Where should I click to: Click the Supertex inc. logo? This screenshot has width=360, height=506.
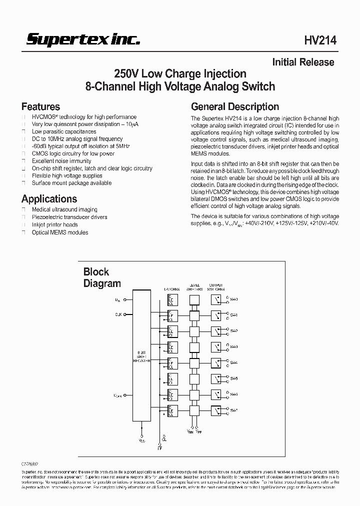pos(83,40)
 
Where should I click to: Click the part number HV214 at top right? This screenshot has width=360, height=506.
pos(320,41)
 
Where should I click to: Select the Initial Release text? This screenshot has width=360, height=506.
pos(303,62)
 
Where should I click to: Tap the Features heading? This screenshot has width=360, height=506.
pos(40,106)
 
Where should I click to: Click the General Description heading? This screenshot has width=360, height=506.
pos(235,106)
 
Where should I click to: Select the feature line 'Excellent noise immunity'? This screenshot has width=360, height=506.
pos(61,161)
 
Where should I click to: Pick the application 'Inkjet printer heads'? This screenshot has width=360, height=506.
pos(55,224)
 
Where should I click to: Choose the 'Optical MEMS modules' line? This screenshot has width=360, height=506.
pos(60,232)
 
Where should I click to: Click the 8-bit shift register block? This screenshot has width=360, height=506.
pos(141,355)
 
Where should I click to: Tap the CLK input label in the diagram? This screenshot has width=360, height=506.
pos(118,314)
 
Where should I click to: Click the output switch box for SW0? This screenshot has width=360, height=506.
pos(216,300)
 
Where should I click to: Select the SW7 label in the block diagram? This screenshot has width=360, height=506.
pos(233,410)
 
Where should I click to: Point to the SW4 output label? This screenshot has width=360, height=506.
pos(233,362)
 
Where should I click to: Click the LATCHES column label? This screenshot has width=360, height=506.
pos(171,289)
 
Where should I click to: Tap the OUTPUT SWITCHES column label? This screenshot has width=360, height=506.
pos(216,287)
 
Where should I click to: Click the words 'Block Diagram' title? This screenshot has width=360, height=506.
pos(101,277)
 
